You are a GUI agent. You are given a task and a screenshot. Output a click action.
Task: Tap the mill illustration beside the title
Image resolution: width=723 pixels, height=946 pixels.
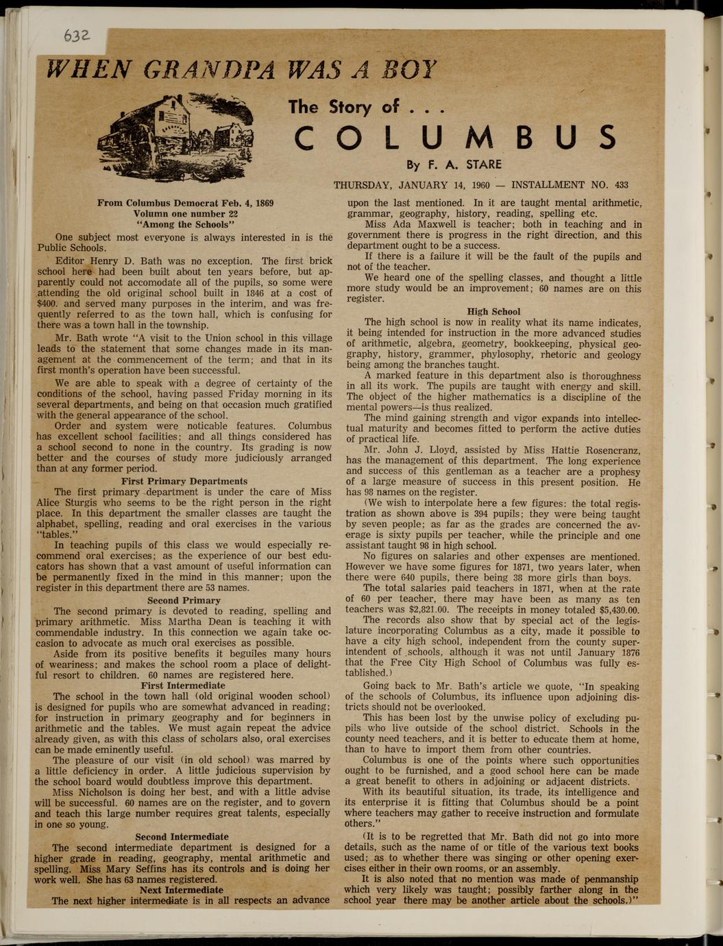[175, 131]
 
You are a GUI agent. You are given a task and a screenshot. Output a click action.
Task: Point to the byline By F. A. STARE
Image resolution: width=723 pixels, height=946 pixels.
[454, 165]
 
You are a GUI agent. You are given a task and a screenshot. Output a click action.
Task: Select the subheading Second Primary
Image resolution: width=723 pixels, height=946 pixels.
[184, 601]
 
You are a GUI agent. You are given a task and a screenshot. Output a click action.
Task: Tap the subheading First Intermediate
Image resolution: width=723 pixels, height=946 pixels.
[183, 686]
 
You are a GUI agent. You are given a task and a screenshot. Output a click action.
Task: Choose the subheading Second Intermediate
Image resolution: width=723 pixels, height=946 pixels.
[182, 836]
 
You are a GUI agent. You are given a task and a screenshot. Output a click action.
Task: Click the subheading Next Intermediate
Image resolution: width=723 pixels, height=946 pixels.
[182, 890]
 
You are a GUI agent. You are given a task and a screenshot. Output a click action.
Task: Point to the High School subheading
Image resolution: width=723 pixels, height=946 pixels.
[493, 311]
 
